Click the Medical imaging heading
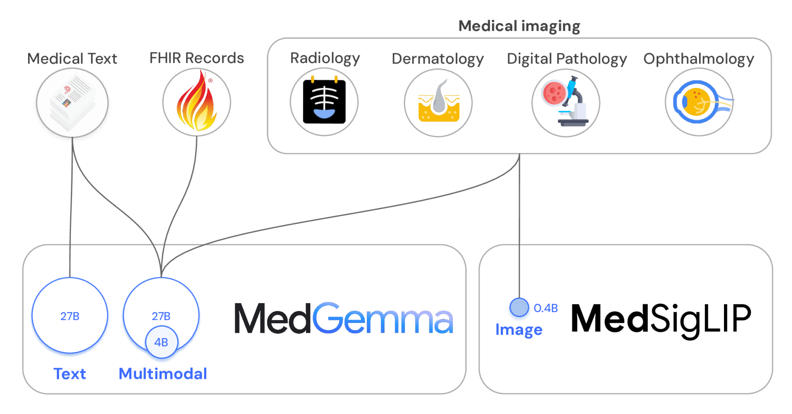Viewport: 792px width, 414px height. point(519,26)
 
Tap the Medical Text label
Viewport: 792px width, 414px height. point(72,59)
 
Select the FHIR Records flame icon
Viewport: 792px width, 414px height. point(197,102)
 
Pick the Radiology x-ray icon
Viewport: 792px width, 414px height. point(324,102)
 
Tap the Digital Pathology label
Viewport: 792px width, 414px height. point(567,59)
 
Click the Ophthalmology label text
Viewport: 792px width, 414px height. point(699,59)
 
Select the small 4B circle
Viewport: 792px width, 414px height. point(161,342)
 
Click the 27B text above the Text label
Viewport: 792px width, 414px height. point(70,316)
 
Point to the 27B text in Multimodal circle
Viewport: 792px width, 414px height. point(161,316)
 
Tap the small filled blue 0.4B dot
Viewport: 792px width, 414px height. point(519,308)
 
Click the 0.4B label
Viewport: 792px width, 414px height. point(546,308)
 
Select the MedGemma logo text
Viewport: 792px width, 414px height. point(343,319)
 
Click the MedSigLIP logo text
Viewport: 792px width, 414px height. point(661,319)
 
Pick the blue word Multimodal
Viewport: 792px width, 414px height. point(163,374)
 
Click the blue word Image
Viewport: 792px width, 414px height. point(519,330)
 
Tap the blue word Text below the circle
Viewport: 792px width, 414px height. point(70,374)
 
